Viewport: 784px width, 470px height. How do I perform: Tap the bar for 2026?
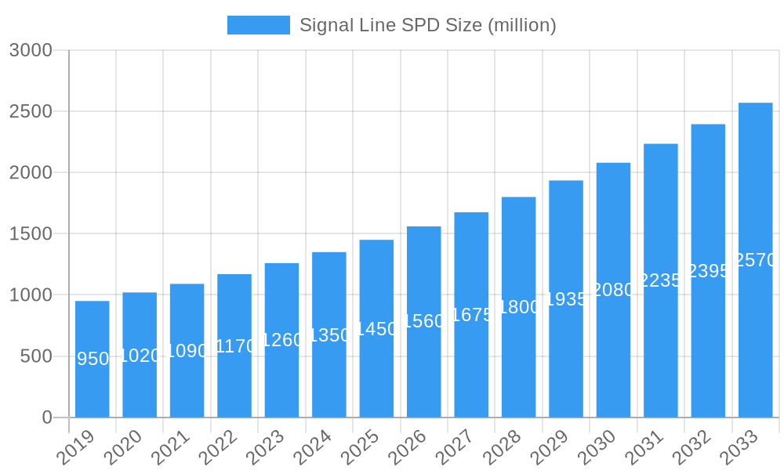click(424, 322)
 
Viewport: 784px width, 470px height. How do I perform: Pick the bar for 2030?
click(613, 290)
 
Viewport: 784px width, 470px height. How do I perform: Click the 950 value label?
click(93, 359)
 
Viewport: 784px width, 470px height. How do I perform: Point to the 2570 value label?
click(755, 260)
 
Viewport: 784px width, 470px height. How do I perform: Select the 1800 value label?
click(519, 307)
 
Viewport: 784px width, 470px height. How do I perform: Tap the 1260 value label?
click(281, 340)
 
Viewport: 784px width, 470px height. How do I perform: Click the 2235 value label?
click(661, 280)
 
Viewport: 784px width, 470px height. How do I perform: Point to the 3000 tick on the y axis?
click(31, 50)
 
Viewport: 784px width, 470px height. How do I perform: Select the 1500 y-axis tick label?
click(31, 233)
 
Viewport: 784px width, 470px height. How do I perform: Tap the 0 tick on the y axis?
click(46, 418)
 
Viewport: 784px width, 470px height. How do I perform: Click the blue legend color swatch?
click(258, 25)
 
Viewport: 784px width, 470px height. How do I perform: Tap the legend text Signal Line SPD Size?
click(427, 25)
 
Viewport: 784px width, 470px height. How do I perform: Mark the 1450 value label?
click(376, 329)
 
